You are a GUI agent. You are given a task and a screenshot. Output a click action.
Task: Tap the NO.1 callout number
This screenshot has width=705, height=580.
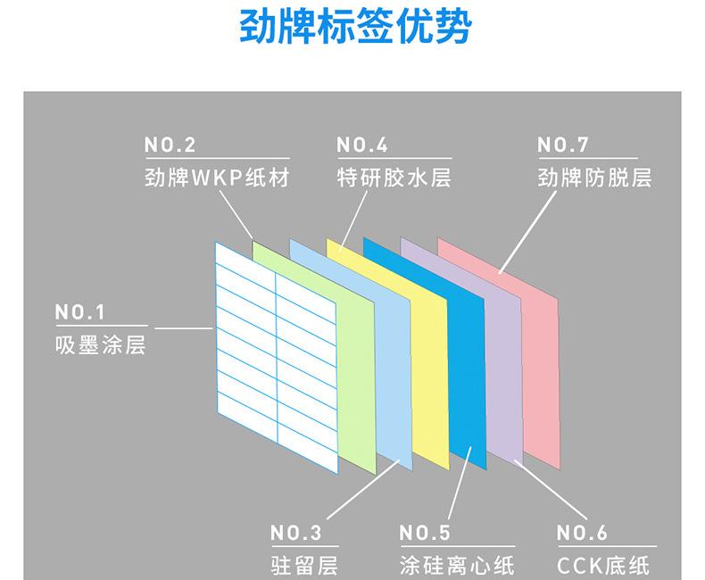(80, 312)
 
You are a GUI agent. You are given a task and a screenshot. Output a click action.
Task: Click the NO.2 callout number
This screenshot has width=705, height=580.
(170, 145)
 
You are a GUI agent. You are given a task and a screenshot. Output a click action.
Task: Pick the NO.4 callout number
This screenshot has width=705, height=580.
(362, 145)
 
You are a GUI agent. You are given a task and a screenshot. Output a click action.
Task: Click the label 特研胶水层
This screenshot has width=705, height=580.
(394, 178)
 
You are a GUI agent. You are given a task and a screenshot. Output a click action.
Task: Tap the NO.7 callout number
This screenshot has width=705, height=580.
(563, 145)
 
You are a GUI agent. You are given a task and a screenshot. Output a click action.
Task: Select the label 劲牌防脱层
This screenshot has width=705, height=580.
(594, 178)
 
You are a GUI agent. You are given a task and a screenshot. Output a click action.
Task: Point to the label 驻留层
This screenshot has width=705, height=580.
(304, 566)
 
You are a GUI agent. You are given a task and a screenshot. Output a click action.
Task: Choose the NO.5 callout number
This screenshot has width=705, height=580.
(425, 534)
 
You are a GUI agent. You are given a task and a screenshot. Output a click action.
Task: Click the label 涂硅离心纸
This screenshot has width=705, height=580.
(456, 566)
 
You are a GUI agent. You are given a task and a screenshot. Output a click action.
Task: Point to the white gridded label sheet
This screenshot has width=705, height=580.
(276, 357)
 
